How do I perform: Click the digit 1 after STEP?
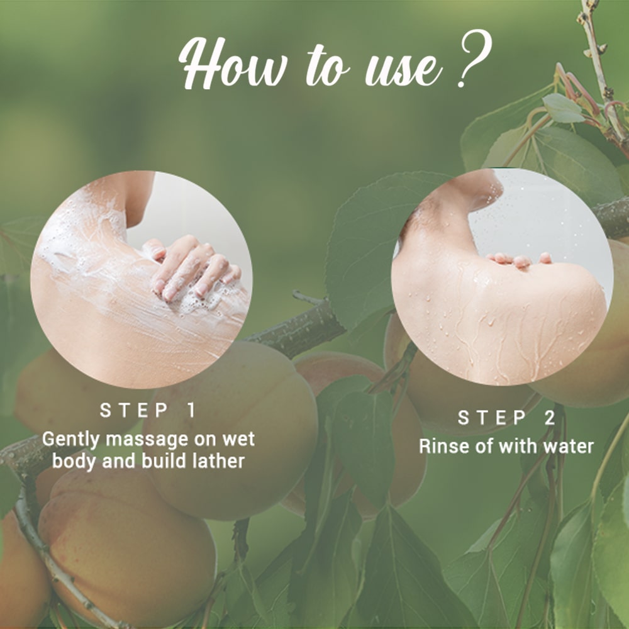(191, 411)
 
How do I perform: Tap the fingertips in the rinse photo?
(519, 259)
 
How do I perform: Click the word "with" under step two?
(513, 446)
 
